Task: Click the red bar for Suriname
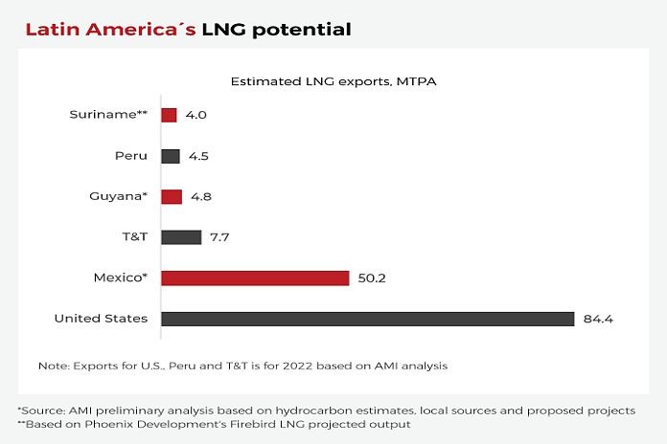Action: tap(169, 115)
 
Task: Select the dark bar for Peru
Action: tap(171, 156)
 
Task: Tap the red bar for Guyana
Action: tap(172, 196)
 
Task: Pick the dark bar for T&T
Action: tap(181, 236)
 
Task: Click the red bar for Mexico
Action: tap(255, 277)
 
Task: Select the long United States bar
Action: tap(367, 319)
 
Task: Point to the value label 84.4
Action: tap(598, 319)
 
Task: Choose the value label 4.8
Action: tap(199, 197)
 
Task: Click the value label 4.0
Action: tap(195, 116)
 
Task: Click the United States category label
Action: tap(101, 318)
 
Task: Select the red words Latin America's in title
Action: tap(110, 29)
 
